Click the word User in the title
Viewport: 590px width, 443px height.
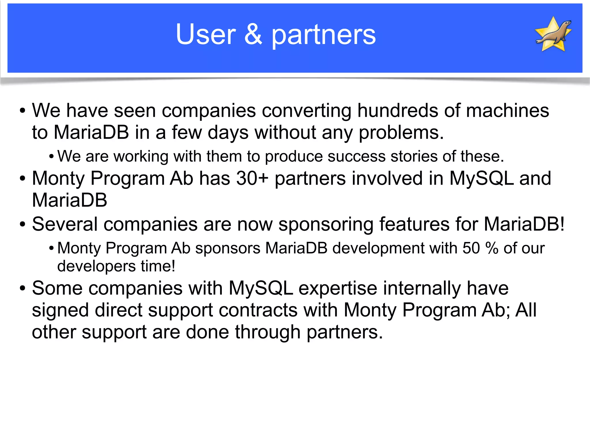pyautogui.click(x=206, y=35)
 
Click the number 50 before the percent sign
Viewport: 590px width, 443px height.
pyautogui.click(x=471, y=248)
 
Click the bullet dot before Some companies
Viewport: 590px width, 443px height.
pyautogui.click(x=22, y=288)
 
